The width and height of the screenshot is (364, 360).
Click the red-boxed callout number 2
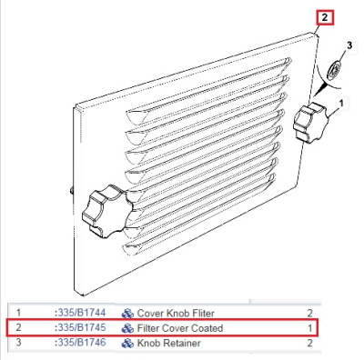point(325,17)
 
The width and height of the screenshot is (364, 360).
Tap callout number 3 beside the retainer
point(349,45)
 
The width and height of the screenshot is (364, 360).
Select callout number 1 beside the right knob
point(341,104)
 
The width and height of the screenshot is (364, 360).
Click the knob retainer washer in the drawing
point(334,70)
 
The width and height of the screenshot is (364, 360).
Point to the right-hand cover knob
point(310,122)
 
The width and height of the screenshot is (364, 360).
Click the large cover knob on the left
point(107,211)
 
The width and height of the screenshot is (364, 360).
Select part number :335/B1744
point(80,313)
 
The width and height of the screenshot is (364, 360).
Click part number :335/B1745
point(80,327)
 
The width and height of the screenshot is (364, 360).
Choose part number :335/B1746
point(80,343)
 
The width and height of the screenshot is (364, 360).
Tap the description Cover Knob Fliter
point(176,313)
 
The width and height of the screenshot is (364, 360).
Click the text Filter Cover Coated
point(180,328)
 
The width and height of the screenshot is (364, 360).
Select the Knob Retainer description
point(168,343)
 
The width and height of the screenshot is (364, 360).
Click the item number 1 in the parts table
point(19,313)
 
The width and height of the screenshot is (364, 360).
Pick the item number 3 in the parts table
point(19,343)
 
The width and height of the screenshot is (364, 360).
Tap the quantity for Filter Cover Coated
point(309,328)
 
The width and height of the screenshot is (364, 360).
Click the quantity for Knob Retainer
point(309,343)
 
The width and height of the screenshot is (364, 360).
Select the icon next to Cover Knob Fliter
point(127,314)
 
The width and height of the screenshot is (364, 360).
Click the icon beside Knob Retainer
point(127,344)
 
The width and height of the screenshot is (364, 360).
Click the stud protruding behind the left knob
point(72,190)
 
